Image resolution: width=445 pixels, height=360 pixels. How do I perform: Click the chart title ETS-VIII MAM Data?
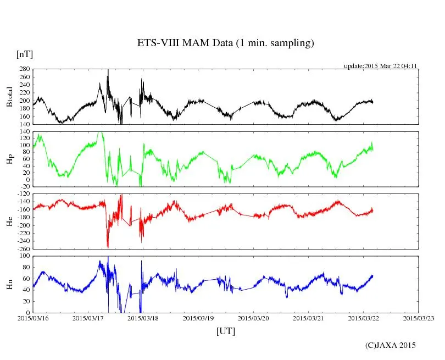[x=225, y=43]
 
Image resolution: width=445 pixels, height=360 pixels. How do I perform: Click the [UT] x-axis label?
[x=226, y=331]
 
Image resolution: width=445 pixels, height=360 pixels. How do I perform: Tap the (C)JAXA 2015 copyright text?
[x=391, y=345]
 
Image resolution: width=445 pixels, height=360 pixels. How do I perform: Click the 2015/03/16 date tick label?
[x=33, y=318]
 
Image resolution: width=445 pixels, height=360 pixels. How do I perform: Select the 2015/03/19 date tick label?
[x=198, y=318]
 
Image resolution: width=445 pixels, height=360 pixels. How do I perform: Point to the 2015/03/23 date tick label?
[x=419, y=318]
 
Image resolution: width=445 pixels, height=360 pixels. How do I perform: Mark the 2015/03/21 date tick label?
[x=308, y=318]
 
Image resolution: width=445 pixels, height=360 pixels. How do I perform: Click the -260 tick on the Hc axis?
[x=23, y=248]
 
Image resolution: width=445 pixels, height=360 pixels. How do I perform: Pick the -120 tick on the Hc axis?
[x=23, y=195]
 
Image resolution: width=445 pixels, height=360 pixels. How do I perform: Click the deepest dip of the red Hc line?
[x=108, y=247]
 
